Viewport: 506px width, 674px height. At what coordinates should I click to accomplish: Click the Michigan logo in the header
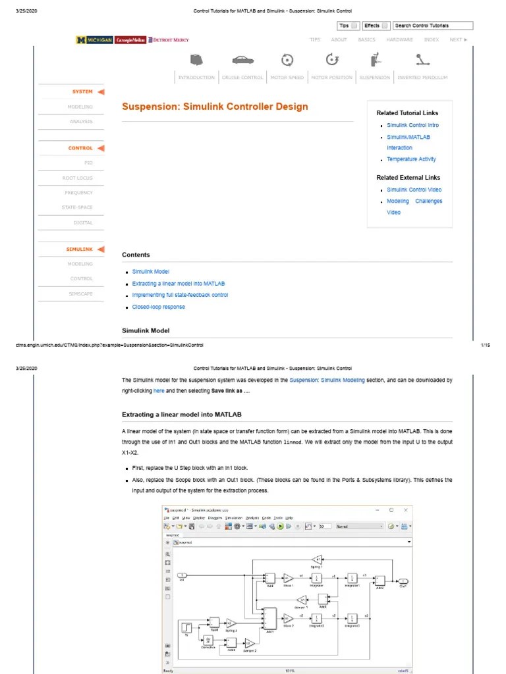tap(94, 39)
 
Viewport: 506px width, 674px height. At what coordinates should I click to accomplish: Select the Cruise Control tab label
tap(242, 78)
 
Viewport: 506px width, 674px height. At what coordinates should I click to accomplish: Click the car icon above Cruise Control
tap(242, 60)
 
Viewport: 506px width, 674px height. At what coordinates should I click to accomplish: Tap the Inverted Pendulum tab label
tap(422, 78)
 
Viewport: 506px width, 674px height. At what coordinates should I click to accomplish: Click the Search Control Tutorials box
tap(433, 26)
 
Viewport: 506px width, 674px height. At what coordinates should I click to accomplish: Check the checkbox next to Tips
tap(354, 26)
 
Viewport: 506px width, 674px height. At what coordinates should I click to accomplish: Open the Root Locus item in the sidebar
tap(78, 178)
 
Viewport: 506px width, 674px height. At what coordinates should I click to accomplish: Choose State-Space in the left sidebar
tap(77, 207)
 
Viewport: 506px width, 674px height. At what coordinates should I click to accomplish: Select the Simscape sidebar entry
tap(81, 294)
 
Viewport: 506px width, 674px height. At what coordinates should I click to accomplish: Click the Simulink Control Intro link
tap(412, 125)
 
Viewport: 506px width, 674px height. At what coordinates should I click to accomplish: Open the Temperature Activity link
tap(411, 159)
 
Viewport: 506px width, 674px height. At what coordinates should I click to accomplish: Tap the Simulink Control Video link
tap(414, 190)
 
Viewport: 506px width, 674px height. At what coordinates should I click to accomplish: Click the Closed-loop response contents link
tap(158, 307)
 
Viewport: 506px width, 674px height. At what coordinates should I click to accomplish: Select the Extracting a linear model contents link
tap(179, 284)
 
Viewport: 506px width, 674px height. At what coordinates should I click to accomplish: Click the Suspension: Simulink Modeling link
tap(327, 380)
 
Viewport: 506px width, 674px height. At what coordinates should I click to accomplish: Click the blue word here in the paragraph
tap(159, 391)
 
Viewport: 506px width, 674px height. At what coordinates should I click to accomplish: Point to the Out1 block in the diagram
tap(403, 581)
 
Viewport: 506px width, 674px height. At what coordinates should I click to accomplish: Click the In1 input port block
tap(183, 576)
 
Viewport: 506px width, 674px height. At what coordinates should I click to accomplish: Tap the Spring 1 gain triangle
tap(316, 559)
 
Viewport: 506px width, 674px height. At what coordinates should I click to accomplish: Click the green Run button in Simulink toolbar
tap(280, 527)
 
